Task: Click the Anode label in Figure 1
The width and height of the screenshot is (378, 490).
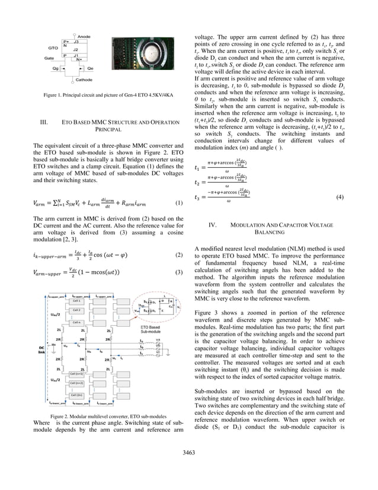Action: [x=84, y=37]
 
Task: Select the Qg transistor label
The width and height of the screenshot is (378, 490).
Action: [x=56, y=69]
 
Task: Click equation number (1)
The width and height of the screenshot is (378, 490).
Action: [x=178, y=203]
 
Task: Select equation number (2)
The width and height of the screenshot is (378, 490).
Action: [x=178, y=255]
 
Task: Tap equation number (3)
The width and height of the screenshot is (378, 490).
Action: [x=178, y=272]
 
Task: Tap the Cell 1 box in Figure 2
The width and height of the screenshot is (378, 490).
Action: [x=76, y=302]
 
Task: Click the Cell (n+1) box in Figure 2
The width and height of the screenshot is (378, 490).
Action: [x=76, y=374]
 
